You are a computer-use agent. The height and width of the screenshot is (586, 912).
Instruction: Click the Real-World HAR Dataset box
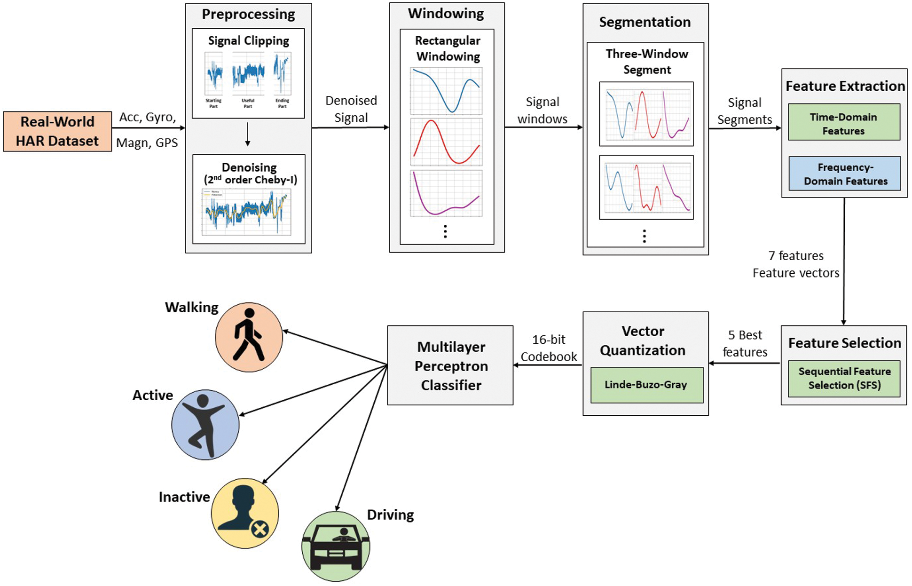pyautogui.click(x=57, y=131)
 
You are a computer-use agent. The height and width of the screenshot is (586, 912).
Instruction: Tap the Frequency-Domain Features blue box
pyautogui.click(x=844, y=174)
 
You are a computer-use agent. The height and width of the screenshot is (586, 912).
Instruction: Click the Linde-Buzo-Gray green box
pyautogui.click(x=646, y=385)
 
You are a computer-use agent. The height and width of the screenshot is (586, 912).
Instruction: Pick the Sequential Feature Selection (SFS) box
pyautogui.click(x=844, y=379)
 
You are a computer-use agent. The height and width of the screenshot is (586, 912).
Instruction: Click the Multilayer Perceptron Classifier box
pyautogui.click(x=450, y=365)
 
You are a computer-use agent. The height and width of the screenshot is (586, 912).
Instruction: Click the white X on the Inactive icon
pyautogui.click(x=259, y=530)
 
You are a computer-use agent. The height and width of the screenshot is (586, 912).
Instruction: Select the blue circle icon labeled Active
pyautogui.click(x=205, y=424)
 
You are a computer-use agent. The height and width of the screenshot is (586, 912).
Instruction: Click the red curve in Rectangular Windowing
pyautogui.click(x=446, y=142)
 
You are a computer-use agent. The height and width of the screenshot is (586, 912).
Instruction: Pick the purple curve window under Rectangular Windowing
pyautogui.click(x=446, y=194)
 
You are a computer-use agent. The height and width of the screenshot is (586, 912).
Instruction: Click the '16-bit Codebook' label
pyautogui.click(x=548, y=348)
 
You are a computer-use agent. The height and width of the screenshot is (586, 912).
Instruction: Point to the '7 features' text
pyautogui.click(x=796, y=256)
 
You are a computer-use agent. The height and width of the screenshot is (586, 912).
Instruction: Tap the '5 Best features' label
pyautogui.click(x=745, y=343)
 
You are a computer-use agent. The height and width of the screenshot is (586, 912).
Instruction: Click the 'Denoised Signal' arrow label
pyautogui.click(x=351, y=109)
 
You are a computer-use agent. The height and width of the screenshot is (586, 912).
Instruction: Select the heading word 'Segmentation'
pyautogui.click(x=645, y=22)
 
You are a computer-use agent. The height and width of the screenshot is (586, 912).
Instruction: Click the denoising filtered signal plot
pyautogui.click(x=246, y=212)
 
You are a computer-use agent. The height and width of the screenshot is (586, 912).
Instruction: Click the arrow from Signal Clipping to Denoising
pyautogui.click(x=248, y=135)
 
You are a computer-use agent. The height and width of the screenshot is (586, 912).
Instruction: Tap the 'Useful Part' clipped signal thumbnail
pyautogui.click(x=248, y=75)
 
